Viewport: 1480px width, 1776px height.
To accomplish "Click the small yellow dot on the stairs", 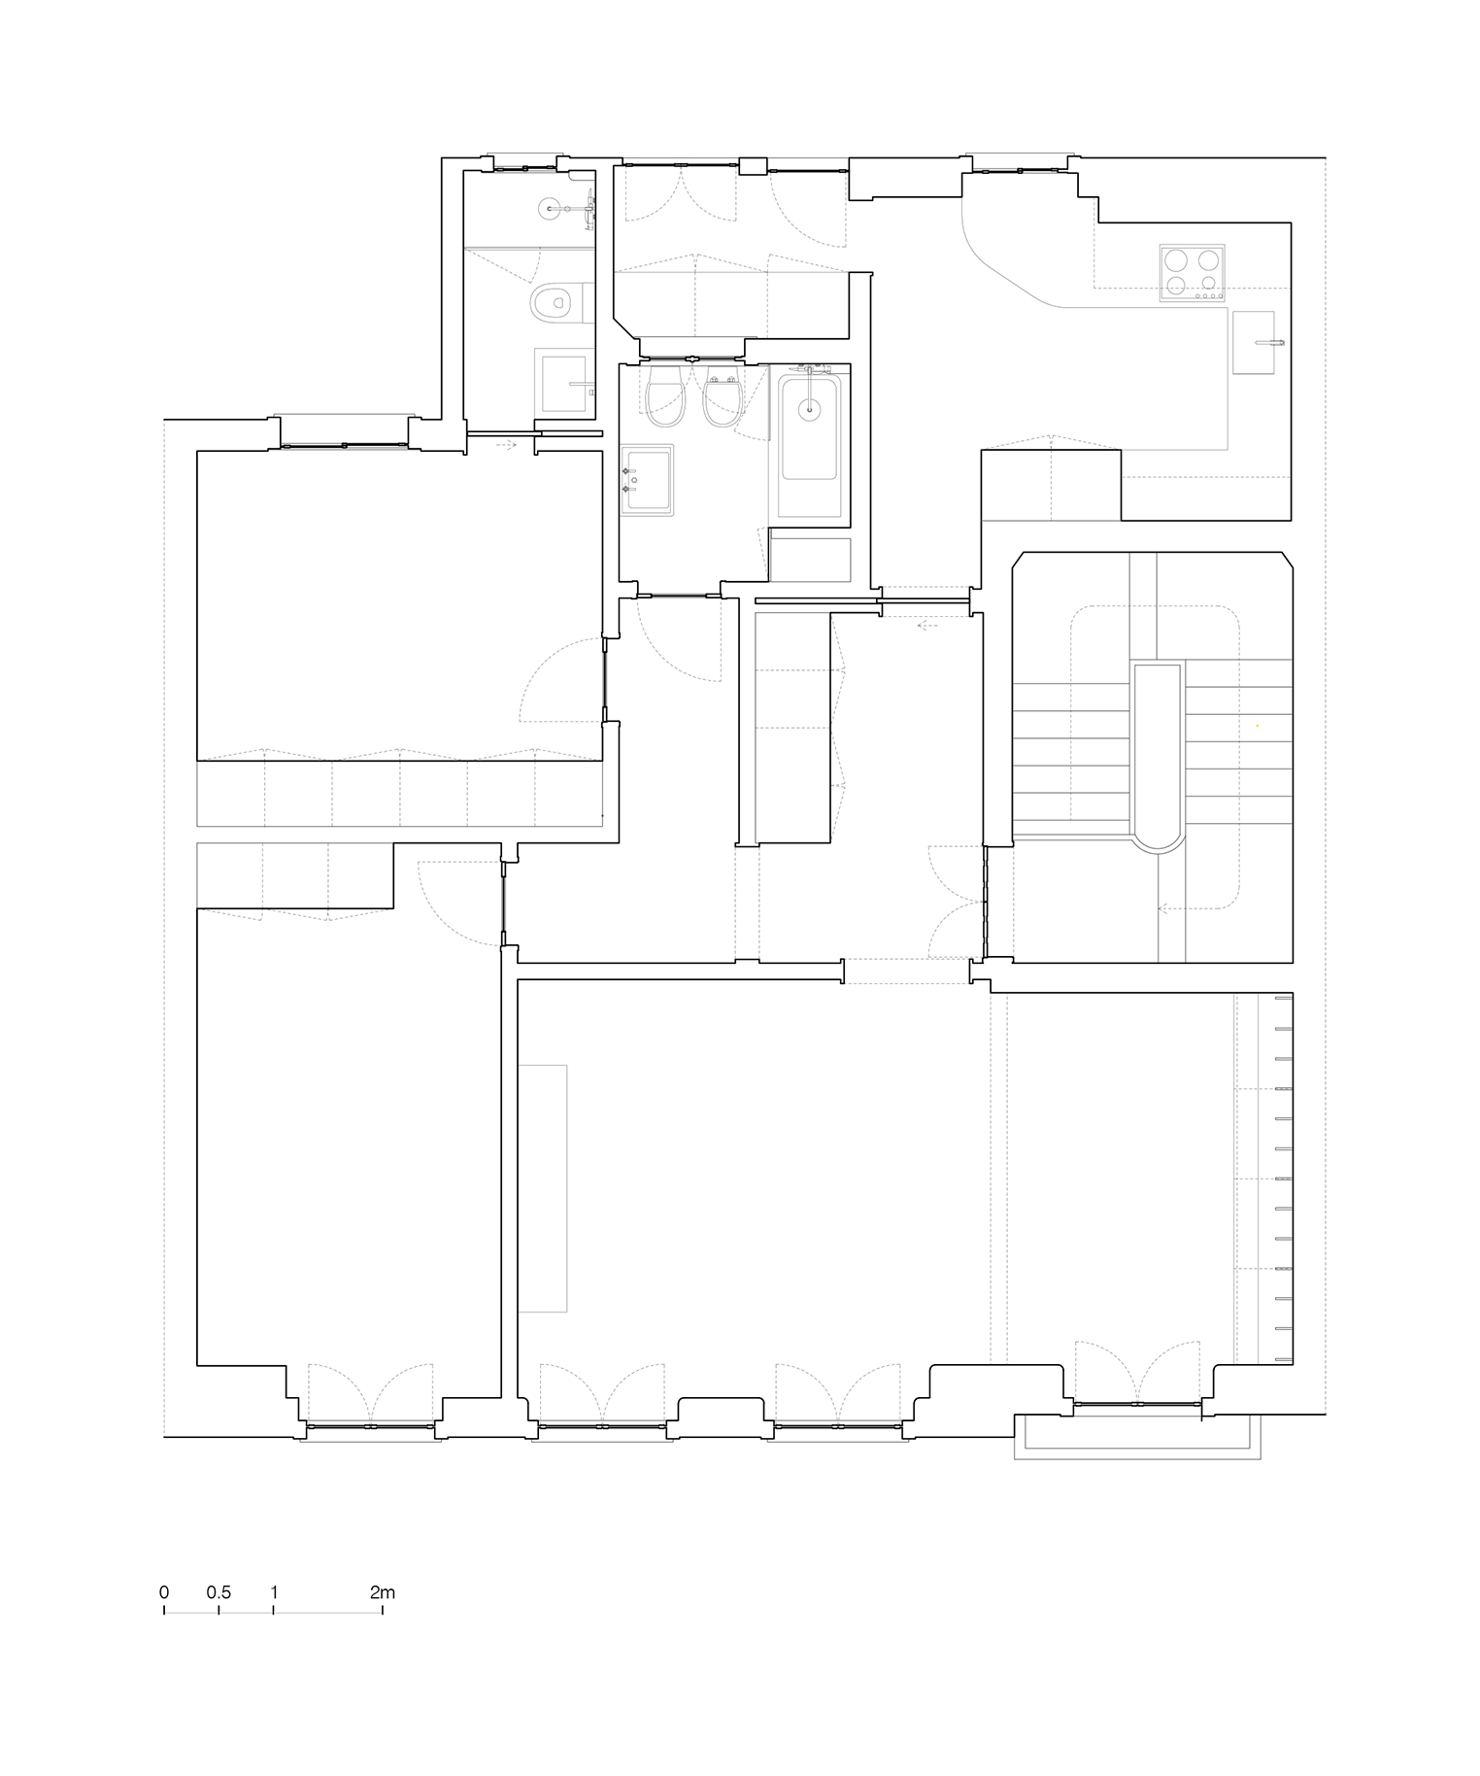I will click(1258, 726).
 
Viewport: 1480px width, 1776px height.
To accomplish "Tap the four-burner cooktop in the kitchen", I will click(1192, 272).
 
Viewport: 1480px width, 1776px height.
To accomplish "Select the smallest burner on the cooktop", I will click(1208, 283).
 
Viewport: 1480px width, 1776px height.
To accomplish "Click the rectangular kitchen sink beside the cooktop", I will click(1254, 342).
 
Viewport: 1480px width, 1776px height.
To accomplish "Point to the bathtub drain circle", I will click(809, 409).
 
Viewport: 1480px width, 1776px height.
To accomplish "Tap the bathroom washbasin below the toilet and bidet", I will click(647, 480).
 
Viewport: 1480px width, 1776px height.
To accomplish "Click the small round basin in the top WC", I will click(553, 208).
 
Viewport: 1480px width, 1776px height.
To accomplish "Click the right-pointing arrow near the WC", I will click(506, 445).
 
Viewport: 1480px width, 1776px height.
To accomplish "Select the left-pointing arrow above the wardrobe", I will click(927, 626).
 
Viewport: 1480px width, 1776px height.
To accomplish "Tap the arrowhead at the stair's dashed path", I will click(1162, 908).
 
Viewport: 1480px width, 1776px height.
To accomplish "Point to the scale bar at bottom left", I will click(273, 1612).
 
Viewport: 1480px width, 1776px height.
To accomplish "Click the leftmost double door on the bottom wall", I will click(371, 1394).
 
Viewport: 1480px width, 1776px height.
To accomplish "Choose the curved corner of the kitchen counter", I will click(1000, 262).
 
